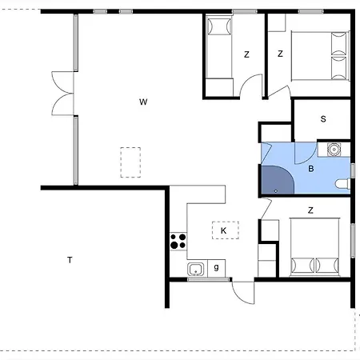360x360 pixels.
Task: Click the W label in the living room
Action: coord(143,102)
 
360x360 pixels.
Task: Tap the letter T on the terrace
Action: coord(70,260)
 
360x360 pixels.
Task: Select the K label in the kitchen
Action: coord(224,230)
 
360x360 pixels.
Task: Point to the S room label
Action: coord(323,119)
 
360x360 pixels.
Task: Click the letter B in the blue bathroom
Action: coord(310,170)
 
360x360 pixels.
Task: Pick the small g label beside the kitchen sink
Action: coord(216,268)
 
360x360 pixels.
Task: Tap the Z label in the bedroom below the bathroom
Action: coord(310,210)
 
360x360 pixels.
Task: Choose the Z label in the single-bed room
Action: coord(246,54)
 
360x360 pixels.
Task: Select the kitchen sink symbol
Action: coord(195,270)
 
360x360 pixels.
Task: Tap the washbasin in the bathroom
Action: coord(334,149)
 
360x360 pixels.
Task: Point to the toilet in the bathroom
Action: coord(342,184)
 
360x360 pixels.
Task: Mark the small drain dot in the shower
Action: coord(275,190)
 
